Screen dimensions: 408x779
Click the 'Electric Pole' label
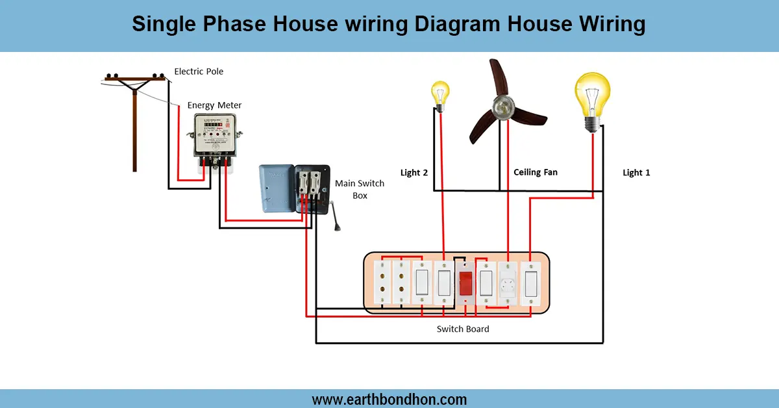point(199,71)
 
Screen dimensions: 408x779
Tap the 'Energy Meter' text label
point(214,105)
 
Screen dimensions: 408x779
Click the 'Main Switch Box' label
point(360,189)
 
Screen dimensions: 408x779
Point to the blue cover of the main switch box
point(277,188)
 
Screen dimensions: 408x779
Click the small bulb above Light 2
point(441,95)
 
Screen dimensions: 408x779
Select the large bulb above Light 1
point(592,97)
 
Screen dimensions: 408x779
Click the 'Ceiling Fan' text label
point(536,172)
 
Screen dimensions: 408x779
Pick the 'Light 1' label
point(636,173)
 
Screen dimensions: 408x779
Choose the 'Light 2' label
point(415,173)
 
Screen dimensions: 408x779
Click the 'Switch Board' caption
point(463,329)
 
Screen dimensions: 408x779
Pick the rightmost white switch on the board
point(531,283)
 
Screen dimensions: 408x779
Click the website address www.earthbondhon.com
point(389,399)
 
